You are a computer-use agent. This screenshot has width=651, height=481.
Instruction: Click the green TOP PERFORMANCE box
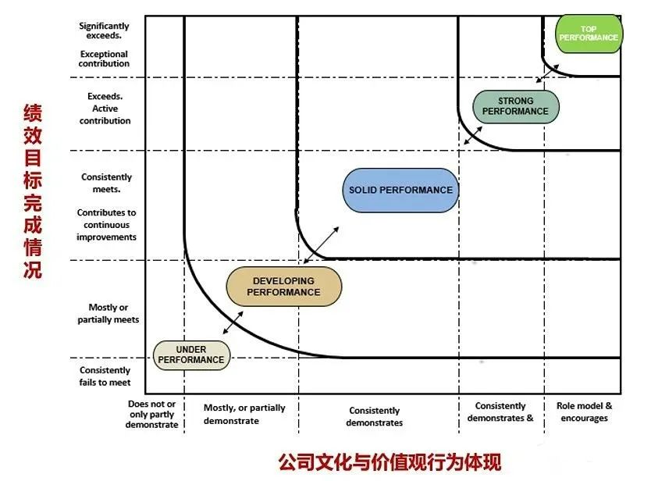point(589,34)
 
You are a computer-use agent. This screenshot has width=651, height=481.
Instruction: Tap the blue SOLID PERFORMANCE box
point(400,190)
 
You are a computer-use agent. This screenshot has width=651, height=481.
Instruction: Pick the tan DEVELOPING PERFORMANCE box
point(284,287)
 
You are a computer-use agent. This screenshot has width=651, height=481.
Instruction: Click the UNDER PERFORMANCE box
point(191,355)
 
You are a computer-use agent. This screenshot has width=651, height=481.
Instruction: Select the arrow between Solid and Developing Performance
point(321,244)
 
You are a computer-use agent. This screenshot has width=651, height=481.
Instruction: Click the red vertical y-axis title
point(32,191)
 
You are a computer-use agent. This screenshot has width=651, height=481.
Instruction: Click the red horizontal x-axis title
point(390,461)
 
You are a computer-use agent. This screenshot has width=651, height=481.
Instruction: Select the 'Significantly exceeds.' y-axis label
point(104,31)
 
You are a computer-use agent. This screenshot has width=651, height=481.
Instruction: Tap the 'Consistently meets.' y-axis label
point(106,183)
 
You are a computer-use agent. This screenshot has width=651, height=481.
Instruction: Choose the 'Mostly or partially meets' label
point(108,313)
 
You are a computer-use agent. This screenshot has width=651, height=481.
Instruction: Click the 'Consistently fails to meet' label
point(105,376)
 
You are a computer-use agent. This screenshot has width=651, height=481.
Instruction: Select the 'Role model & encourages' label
point(584,412)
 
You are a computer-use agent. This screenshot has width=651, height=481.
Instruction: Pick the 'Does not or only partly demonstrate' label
point(151,415)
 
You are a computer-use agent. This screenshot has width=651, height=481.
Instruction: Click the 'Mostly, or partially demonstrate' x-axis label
point(244,414)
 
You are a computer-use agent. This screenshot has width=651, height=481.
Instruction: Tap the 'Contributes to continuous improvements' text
point(106,225)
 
